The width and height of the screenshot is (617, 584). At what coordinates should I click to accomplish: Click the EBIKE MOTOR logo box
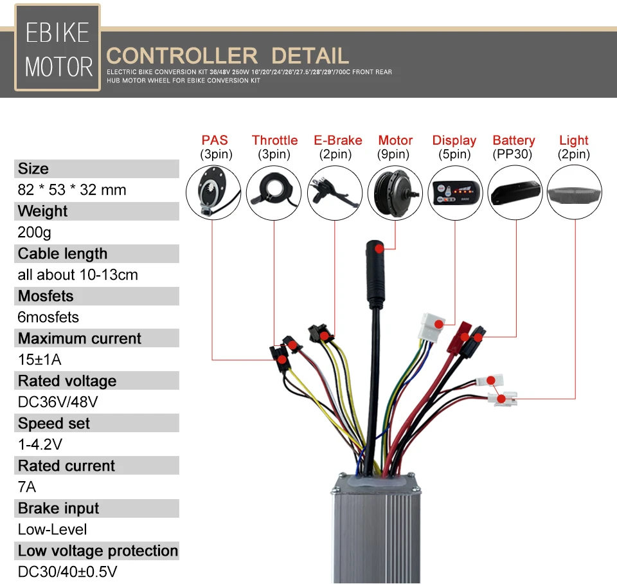pyautogui.click(x=57, y=50)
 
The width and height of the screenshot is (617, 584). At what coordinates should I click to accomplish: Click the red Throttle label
pyautogui.click(x=274, y=140)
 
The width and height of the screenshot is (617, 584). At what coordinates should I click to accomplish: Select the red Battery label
pyautogui.click(x=514, y=140)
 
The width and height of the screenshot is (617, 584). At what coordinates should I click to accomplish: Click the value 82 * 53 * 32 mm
pyautogui.click(x=72, y=190)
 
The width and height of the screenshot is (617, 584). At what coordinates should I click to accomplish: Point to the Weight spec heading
pyautogui.click(x=43, y=212)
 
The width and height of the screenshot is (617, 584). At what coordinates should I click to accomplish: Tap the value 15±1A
pyautogui.click(x=40, y=360)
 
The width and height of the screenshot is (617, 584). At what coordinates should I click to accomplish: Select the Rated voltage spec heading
pyautogui.click(x=67, y=381)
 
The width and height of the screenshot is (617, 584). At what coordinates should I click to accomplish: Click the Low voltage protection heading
pyautogui.click(x=98, y=551)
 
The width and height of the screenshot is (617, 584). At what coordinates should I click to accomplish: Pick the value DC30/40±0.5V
pyautogui.click(x=67, y=572)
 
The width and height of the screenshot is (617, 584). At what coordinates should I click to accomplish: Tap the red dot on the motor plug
pyautogui.click(x=380, y=247)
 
